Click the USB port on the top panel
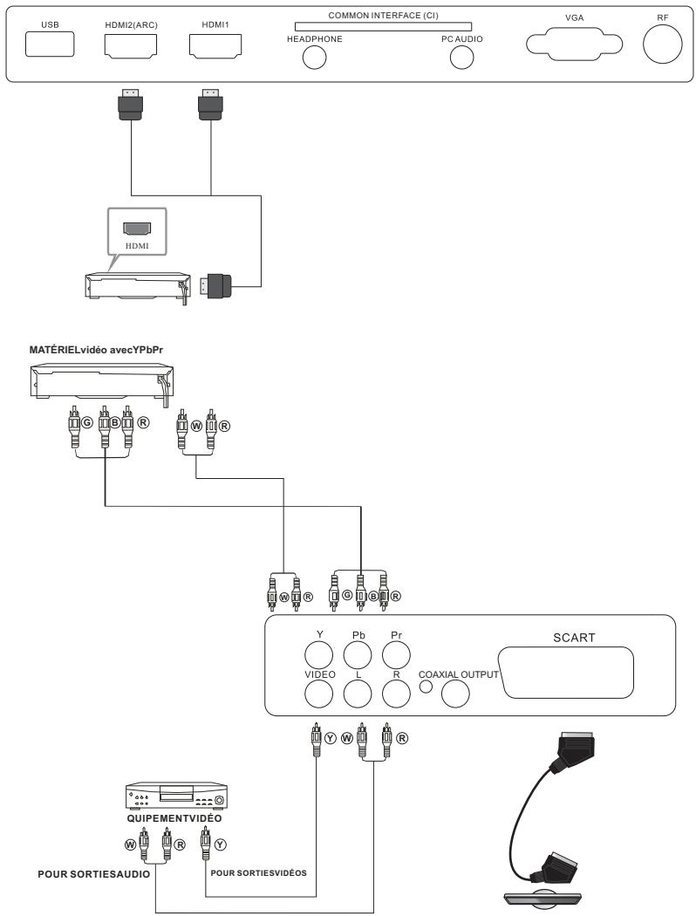51,44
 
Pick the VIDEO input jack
318,693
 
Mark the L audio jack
358,693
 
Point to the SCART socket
579,672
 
